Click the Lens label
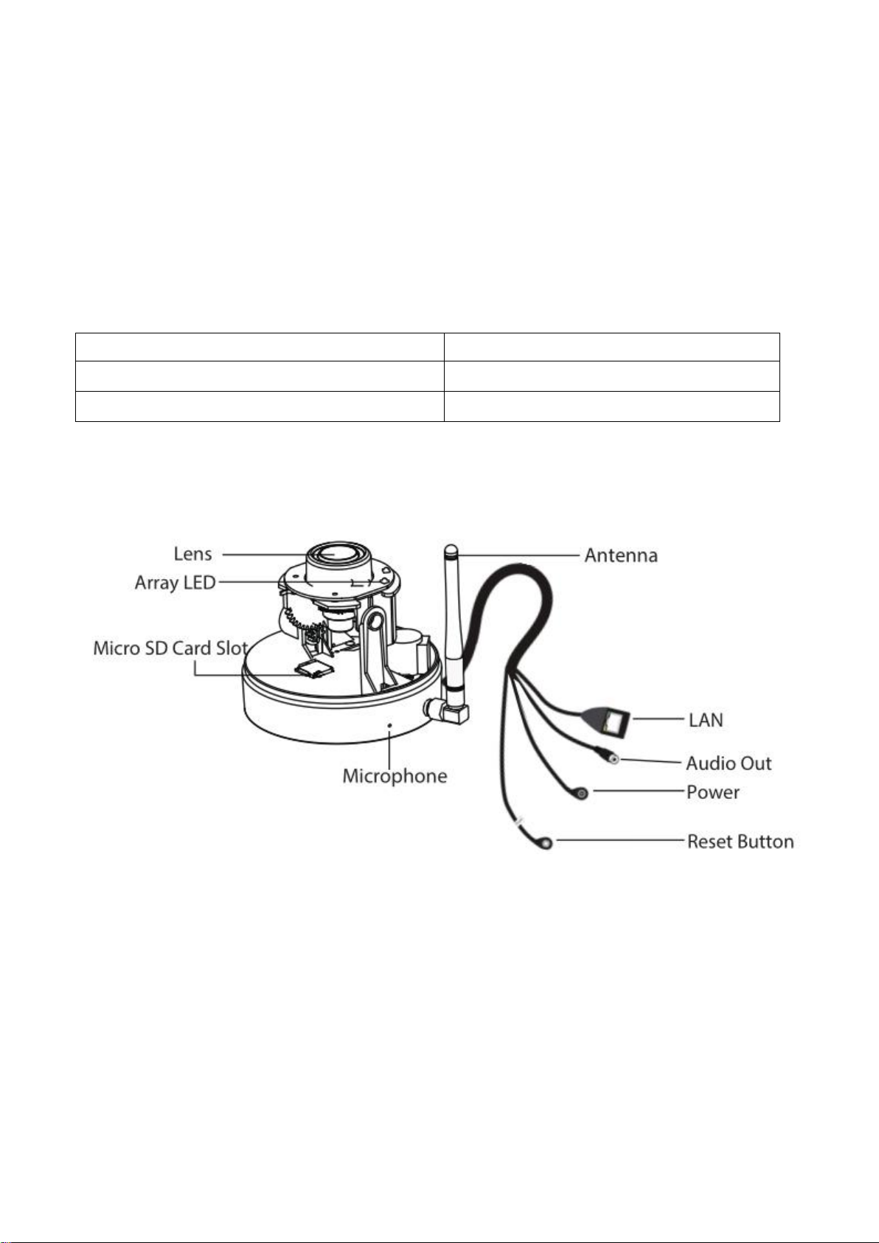tap(192, 554)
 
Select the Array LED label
tap(175, 584)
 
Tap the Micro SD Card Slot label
tap(170, 648)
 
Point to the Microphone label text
tap(395, 776)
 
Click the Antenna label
tap(621, 555)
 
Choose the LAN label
tap(706, 720)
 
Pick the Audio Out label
tap(729, 764)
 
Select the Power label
tap(712, 792)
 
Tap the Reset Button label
tap(740, 842)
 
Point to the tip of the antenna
tap(451, 547)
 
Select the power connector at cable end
tap(581, 794)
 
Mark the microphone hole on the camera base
tap(390, 724)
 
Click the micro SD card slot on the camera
tap(314, 669)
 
